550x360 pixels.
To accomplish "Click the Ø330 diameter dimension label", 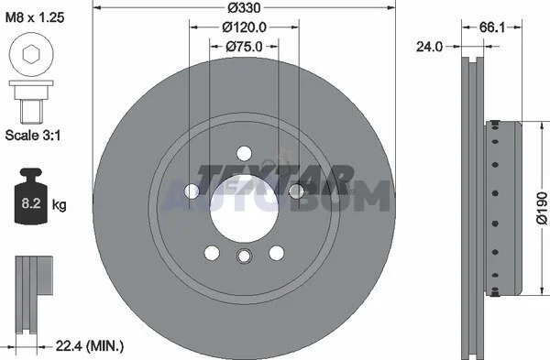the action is tap(244, 7).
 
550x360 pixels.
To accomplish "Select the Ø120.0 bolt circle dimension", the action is tap(244, 27).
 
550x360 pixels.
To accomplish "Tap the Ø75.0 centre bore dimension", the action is tap(244, 47).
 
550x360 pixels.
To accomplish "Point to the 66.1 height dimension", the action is tap(491, 27).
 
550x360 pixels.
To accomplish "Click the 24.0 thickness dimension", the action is tap(430, 47).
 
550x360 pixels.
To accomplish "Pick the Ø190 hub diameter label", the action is tap(542, 208).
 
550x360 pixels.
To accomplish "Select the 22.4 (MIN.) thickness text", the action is tap(90, 346).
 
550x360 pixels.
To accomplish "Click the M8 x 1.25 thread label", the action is tap(35, 17).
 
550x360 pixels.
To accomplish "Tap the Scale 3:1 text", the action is tap(33, 135).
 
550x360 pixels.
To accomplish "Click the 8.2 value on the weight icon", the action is tap(31, 203).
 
